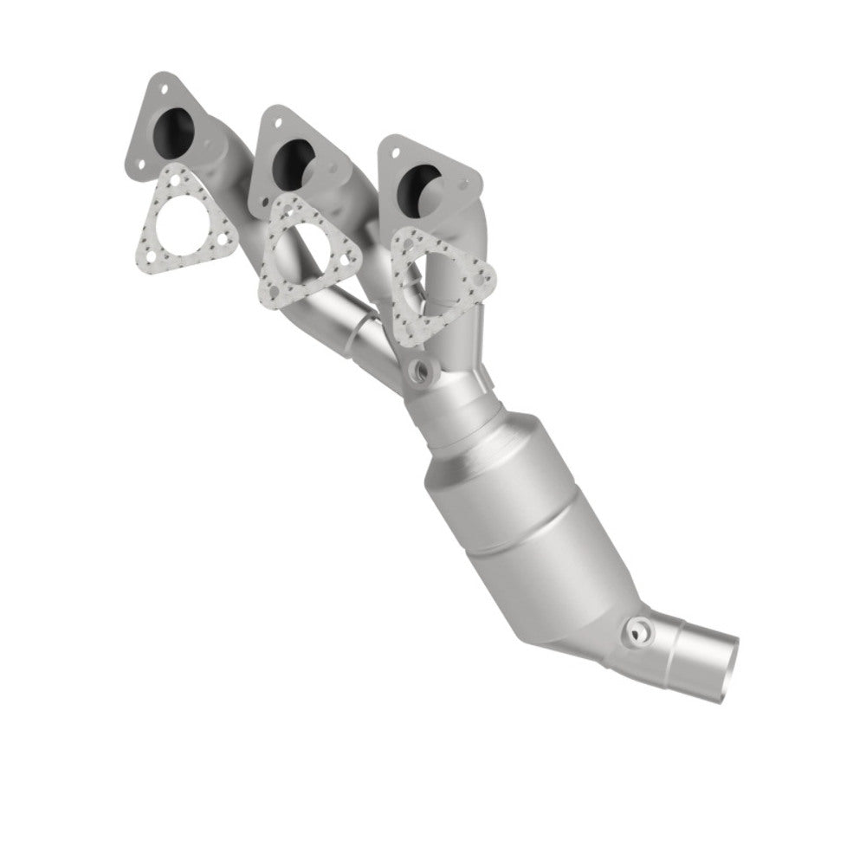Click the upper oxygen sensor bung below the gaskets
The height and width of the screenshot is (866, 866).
[424, 371]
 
